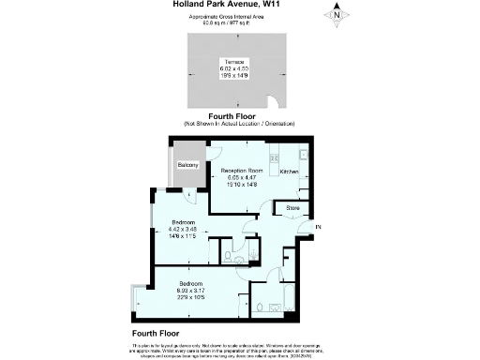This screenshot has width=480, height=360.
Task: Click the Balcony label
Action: click(x=187, y=165)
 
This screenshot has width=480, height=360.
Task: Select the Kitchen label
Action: click(x=291, y=172)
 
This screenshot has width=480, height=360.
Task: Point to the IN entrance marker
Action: click(x=318, y=228)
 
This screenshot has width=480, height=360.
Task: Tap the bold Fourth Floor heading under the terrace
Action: click(x=239, y=115)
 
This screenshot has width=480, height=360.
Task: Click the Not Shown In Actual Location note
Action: click(x=239, y=124)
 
